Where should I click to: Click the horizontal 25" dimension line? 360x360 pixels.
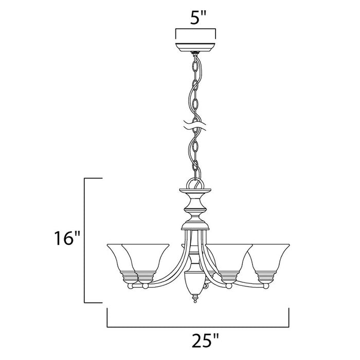tap(197, 327)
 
